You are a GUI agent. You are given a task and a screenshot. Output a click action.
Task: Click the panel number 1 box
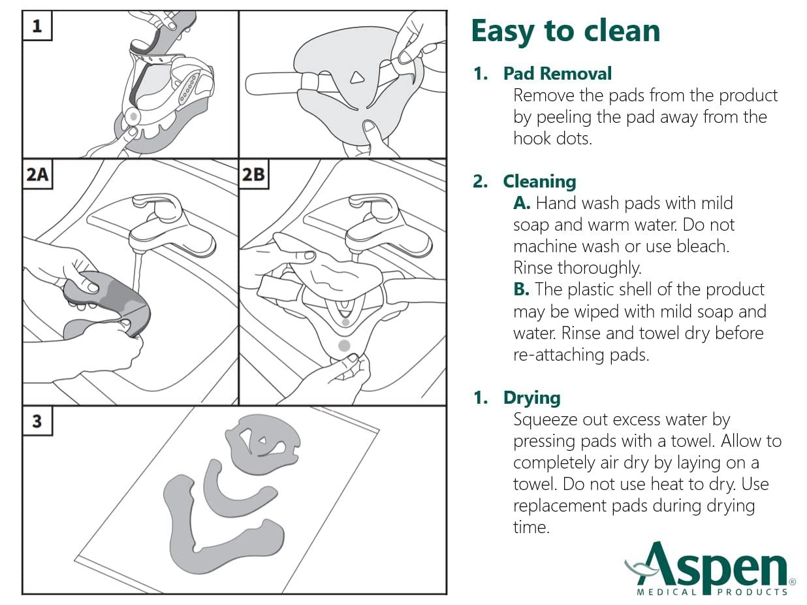(x=37, y=26)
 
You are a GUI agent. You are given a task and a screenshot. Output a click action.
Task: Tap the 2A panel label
(x=37, y=175)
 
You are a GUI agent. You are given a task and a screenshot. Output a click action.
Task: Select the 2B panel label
(x=254, y=175)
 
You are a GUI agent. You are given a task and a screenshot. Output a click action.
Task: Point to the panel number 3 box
(x=37, y=421)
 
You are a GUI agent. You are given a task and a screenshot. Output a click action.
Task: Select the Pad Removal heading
(x=557, y=74)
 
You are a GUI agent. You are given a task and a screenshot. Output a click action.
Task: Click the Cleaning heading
(x=539, y=182)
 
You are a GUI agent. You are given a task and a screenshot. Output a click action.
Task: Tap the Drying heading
(x=531, y=398)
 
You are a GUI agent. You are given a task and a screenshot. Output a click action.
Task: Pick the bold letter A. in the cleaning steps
(x=522, y=203)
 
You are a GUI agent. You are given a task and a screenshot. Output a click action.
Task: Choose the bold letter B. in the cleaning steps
(x=521, y=289)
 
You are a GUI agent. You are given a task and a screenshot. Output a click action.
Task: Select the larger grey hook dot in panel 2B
(x=345, y=344)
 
